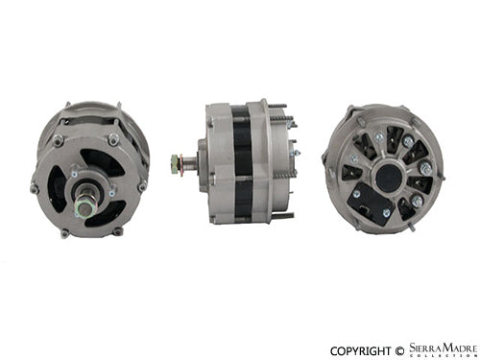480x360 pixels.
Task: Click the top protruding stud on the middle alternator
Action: click(273, 105)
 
